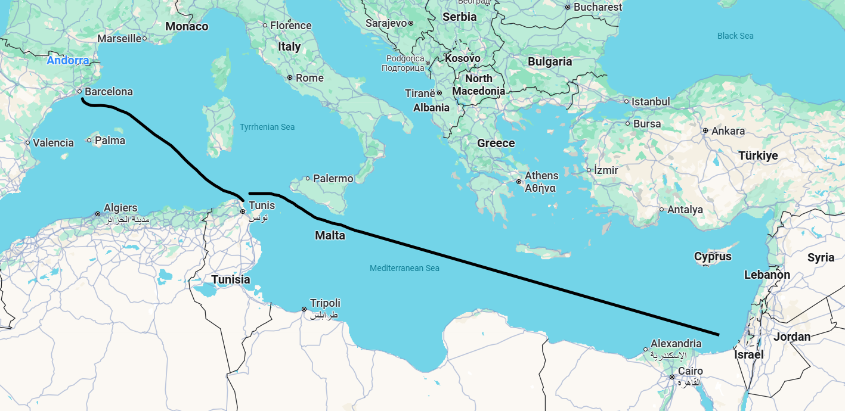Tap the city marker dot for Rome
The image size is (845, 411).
tap(290, 77)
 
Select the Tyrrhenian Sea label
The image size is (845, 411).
tap(267, 127)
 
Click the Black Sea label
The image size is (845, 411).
tap(735, 36)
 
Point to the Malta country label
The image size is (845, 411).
tap(330, 235)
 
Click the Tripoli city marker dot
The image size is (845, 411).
tap(304, 309)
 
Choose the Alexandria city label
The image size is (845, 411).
tap(676, 344)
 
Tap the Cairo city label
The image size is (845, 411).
tap(690, 371)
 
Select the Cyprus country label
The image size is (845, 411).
tap(713, 257)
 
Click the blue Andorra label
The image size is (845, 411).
tap(68, 60)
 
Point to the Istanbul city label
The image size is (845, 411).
tap(651, 102)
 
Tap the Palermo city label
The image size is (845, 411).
tap(333, 178)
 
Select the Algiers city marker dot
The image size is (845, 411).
tap(98, 214)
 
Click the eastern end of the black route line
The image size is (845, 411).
tap(718, 335)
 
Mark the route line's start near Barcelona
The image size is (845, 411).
tap(83, 99)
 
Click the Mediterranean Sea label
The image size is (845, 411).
tap(404, 268)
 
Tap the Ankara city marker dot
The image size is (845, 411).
tap(705, 130)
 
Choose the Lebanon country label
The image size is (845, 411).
tap(767, 275)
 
